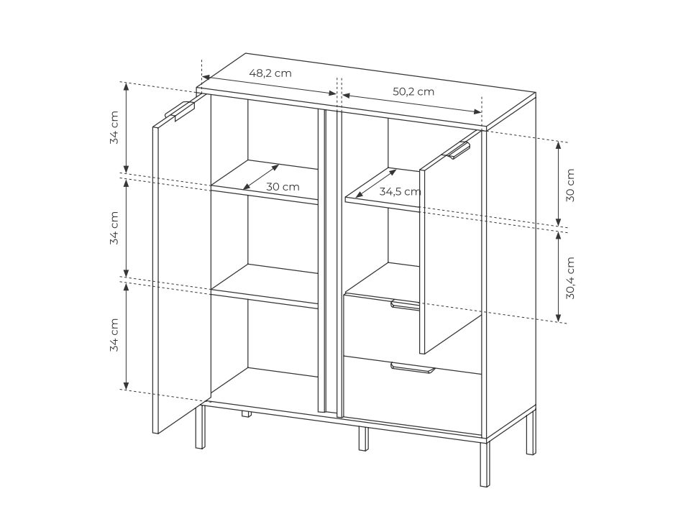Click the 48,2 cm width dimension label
(x=270, y=73)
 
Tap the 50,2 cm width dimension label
(x=413, y=91)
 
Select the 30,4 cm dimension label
(x=570, y=278)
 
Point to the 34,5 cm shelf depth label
(x=400, y=192)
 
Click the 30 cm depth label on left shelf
(x=283, y=186)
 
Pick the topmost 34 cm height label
(x=114, y=127)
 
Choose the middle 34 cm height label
(x=114, y=228)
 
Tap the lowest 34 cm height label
(x=114, y=334)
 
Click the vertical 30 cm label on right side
(x=570, y=185)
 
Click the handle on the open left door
(x=180, y=111)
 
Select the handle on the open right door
(x=458, y=150)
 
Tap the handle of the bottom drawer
(x=413, y=368)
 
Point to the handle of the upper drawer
(x=405, y=304)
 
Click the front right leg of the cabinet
(x=485, y=462)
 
